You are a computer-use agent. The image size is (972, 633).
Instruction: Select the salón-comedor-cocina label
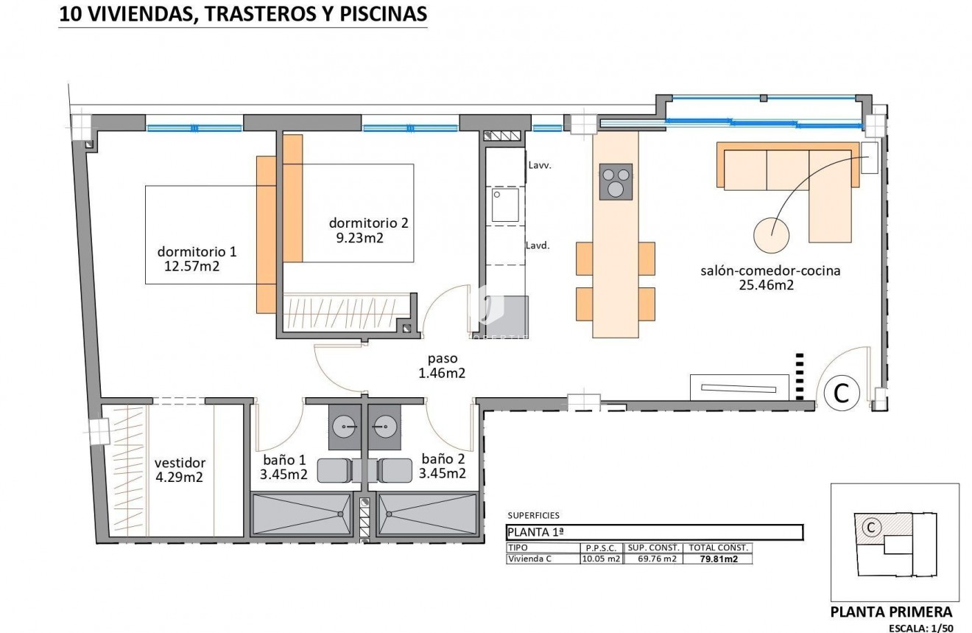(770, 270)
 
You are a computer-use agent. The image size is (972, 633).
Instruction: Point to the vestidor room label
(180, 463)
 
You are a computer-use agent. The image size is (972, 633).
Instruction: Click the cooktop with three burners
(616, 181)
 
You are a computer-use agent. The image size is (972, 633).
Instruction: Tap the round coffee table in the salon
(772, 234)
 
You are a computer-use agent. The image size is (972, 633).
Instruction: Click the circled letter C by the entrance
(840, 393)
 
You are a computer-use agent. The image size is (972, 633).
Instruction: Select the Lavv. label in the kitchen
(540, 166)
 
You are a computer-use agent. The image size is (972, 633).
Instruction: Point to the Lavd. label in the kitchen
(538, 245)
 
